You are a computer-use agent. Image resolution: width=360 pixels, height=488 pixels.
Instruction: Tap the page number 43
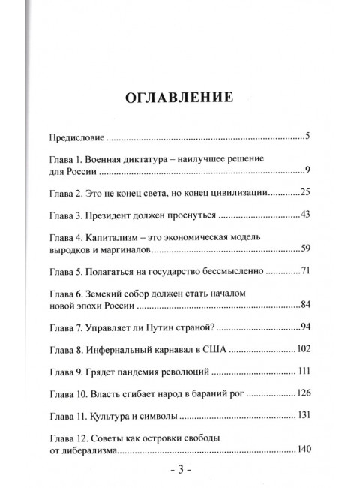[304, 216]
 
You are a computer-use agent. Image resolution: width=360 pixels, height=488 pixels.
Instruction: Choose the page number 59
[304, 250]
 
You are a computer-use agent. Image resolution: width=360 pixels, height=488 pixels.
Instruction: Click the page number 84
[304, 306]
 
